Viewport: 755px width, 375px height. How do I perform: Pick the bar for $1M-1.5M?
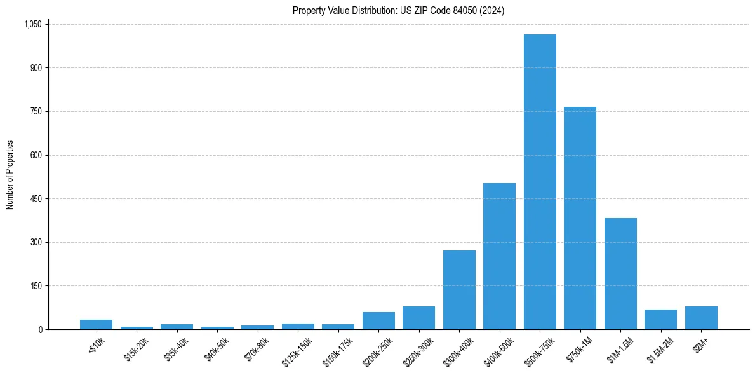[x=620, y=273]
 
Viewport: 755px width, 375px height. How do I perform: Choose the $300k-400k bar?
[x=459, y=290]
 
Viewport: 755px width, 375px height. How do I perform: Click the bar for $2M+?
[x=701, y=318]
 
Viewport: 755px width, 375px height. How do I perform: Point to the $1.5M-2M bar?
[x=660, y=320]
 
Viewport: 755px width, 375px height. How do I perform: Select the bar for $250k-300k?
[x=418, y=318]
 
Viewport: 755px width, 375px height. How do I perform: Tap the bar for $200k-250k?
[x=378, y=321]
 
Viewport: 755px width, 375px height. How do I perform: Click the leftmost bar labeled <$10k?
[x=96, y=325]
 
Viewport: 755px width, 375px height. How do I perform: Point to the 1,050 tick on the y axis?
[x=32, y=24]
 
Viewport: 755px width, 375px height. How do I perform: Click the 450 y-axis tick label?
[x=36, y=199]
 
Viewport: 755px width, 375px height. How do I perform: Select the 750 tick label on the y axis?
[x=36, y=111]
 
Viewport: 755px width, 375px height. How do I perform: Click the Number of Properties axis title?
[x=10, y=175]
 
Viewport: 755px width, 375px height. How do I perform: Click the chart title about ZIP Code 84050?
[x=398, y=11]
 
